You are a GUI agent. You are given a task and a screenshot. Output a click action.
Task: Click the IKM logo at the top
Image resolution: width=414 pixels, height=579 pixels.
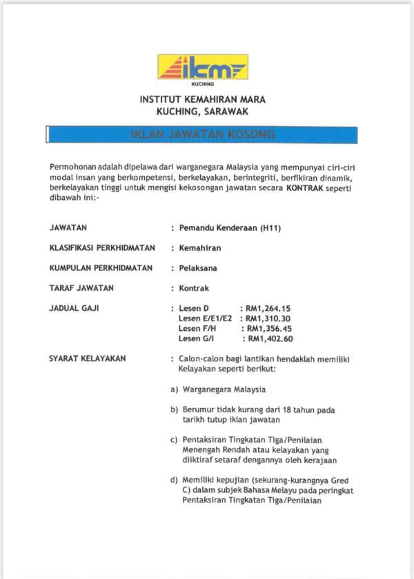(202, 68)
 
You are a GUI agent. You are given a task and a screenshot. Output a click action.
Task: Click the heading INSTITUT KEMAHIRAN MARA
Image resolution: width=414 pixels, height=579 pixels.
(202, 99)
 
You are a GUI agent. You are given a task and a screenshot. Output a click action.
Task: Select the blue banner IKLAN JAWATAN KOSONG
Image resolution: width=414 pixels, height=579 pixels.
(202, 134)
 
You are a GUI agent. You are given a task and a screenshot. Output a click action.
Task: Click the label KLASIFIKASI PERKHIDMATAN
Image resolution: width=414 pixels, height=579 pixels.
(101, 247)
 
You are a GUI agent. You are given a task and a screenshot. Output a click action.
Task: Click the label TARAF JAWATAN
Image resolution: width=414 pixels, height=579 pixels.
(81, 288)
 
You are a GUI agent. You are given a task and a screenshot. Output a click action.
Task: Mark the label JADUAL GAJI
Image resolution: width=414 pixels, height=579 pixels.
(75, 308)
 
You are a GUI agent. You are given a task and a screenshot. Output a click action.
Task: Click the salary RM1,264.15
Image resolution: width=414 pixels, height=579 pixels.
(268, 308)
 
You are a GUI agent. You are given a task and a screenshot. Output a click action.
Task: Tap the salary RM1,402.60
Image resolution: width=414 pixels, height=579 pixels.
(270, 338)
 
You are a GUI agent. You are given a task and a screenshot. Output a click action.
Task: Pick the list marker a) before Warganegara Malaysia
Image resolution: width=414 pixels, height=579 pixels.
(175, 389)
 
